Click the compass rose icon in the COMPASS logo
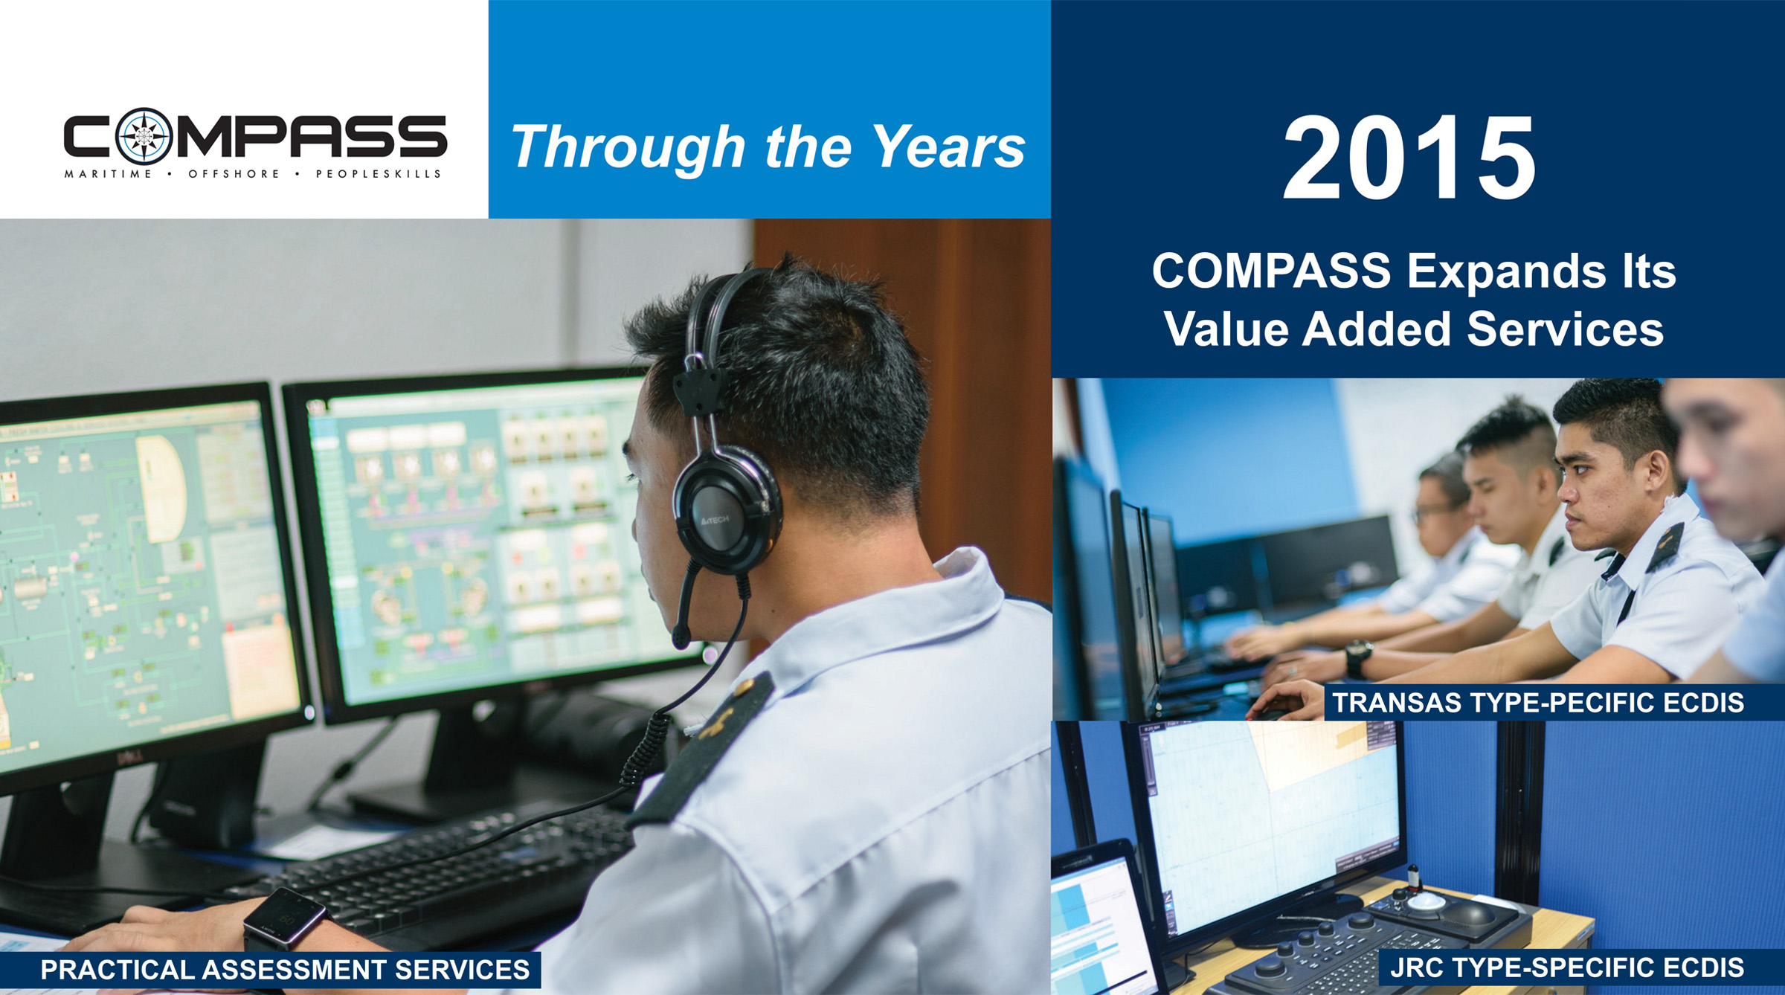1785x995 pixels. click(144, 137)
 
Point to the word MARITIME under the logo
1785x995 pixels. click(108, 174)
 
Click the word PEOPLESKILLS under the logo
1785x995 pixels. click(379, 174)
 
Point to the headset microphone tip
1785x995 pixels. click(681, 636)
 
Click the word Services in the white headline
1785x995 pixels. click(1565, 329)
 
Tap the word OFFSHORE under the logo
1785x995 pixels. click(234, 174)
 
